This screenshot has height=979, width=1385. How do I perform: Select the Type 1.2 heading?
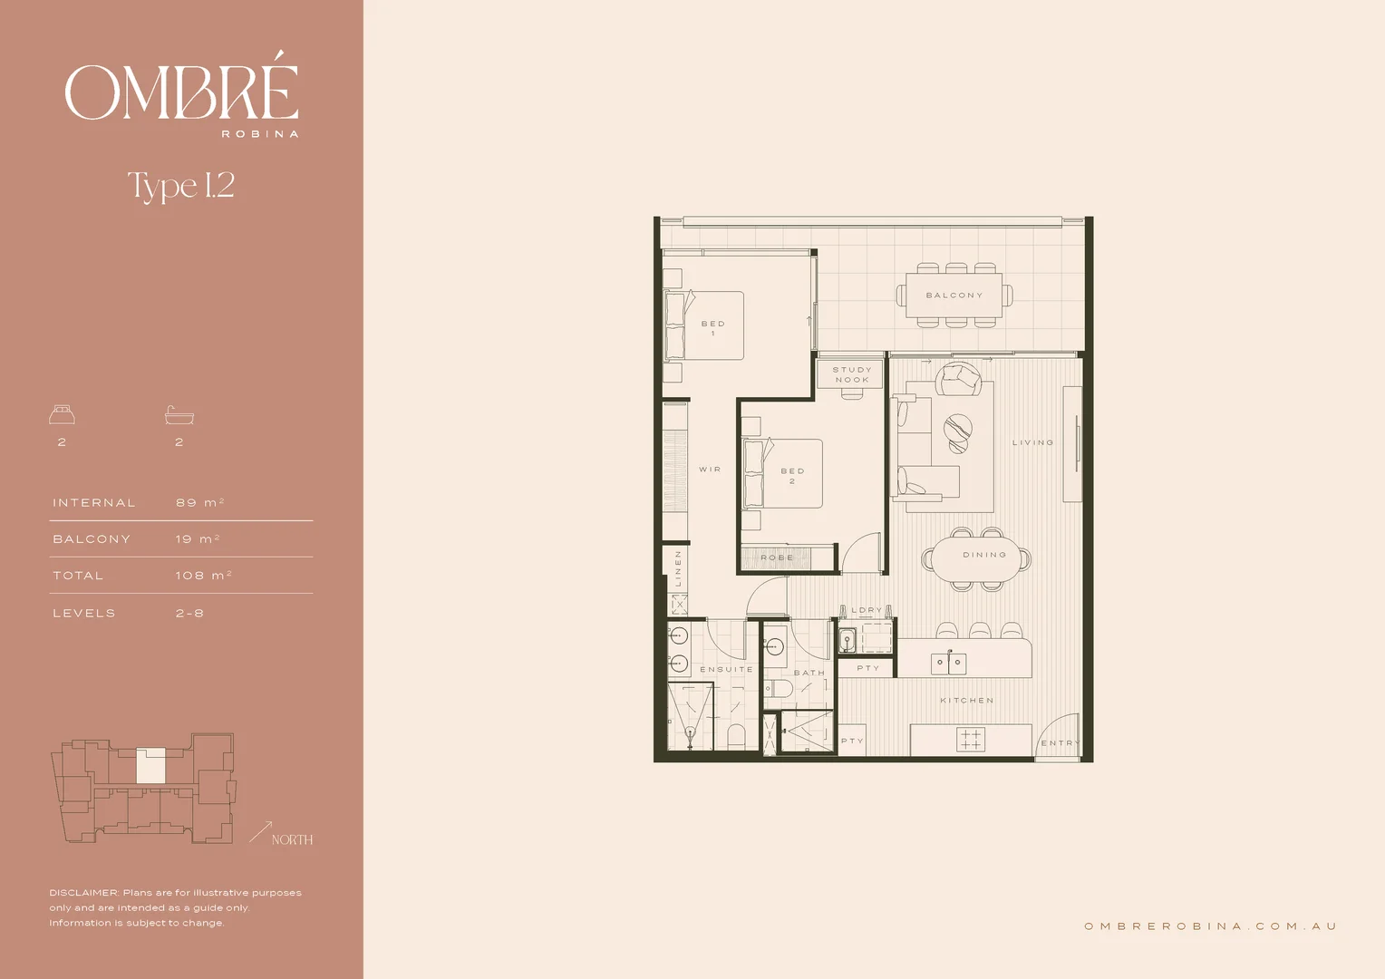181,186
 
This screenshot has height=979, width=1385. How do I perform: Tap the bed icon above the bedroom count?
62,415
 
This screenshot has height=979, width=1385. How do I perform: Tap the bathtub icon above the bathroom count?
179,415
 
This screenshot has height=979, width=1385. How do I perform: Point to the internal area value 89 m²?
199,502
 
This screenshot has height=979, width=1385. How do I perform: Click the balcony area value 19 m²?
198,538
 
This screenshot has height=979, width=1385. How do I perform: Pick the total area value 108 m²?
203,576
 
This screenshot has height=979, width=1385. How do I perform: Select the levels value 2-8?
189,613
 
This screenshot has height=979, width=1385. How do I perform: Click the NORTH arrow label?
291,839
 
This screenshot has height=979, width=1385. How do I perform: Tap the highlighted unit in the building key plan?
150,767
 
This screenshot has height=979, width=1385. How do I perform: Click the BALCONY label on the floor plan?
954,296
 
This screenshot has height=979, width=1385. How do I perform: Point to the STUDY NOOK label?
851,374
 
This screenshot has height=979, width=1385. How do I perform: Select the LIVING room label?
1032,442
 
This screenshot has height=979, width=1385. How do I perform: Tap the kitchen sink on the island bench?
948,664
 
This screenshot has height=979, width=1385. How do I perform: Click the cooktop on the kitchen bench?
971,739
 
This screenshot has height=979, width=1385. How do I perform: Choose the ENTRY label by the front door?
1060,742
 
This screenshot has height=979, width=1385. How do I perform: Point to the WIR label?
710,470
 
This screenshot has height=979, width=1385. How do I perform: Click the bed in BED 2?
783,473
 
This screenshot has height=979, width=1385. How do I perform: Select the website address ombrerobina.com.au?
1210,926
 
